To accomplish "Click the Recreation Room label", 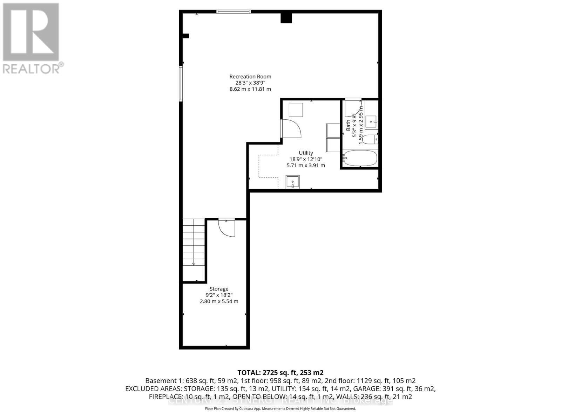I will pyautogui.click(x=250, y=76).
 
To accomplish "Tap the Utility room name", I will pyautogui.click(x=306, y=153).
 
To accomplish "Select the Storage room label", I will pyautogui.click(x=219, y=289).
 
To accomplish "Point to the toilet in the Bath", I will pyautogui.click(x=369, y=139).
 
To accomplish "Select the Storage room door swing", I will pyautogui.click(x=227, y=228).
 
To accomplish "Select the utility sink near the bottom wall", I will pyautogui.click(x=292, y=182).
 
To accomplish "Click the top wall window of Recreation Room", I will pyautogui.click(x=234, y=12).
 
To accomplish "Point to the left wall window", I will pyautogui.click(x=181, y=84).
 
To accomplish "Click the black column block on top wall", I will pyautogui.click(x=286, y=17).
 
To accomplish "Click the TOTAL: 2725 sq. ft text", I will pyautogui.click(x=280, y=372).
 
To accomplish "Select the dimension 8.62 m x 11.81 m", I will pyautogui.click(x=250, y=89).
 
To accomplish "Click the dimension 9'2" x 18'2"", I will pyautogui.click(x=219, y=295).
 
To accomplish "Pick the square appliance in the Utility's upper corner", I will pyautogui.click(x=296, y=110).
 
